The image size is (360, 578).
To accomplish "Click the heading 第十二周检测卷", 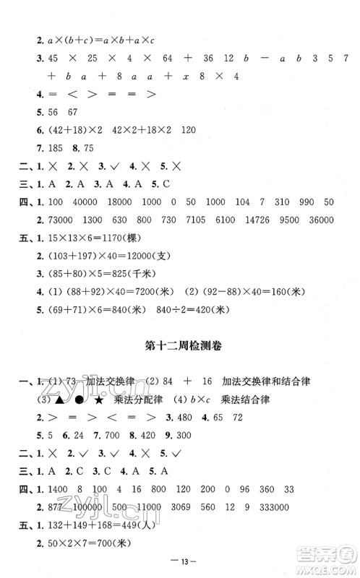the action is coord(180,346).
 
